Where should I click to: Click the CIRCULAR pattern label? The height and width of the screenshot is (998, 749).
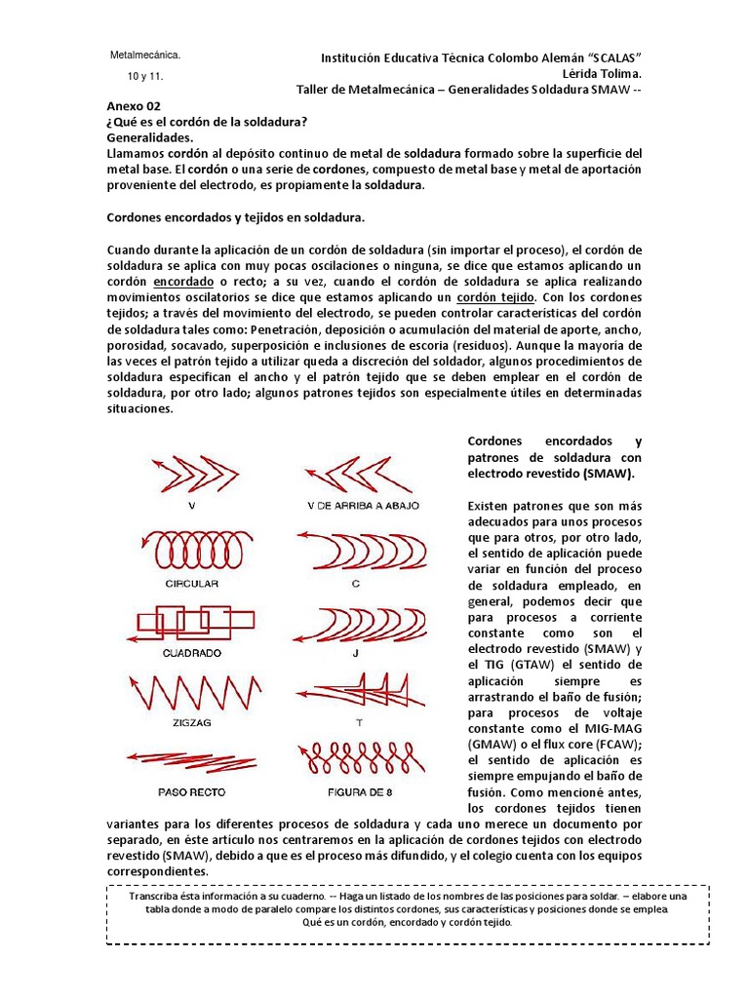coord(191,584)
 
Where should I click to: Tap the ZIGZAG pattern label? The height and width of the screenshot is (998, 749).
coord(191,723)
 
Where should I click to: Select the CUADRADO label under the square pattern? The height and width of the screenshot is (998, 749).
coord(191,652)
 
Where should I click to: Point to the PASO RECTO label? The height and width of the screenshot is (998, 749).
coord(191,791)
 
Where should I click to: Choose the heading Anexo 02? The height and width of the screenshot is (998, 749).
coord(134,106)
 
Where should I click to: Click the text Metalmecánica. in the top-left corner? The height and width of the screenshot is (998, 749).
coord(145,56)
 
